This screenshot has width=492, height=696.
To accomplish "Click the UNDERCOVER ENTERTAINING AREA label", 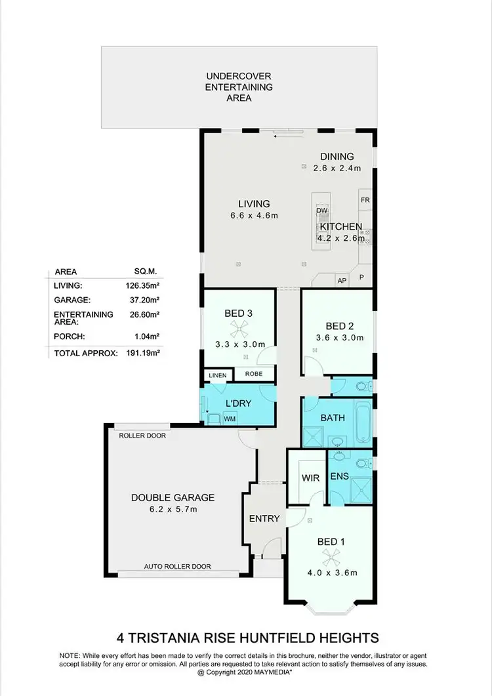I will point(239,87).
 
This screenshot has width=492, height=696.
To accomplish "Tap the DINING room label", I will point(337,156).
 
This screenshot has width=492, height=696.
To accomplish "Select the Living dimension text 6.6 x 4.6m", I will point(254,216).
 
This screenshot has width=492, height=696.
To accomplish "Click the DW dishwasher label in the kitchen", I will point(321,210).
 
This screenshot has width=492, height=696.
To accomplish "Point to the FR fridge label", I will point(364,199).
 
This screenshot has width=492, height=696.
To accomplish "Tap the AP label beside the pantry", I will point(341,280).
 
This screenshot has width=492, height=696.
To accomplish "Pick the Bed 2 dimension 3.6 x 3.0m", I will point(340,338).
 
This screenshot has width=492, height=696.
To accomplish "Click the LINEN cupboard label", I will point(217,375).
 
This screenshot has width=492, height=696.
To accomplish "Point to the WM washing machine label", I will point(230,417).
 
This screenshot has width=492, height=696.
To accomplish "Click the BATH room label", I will point(333,417).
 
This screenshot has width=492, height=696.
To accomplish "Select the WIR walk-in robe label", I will point(310,478).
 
